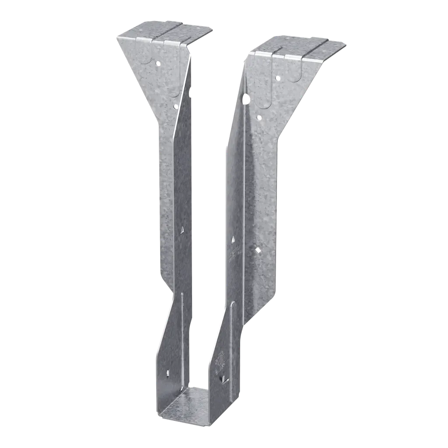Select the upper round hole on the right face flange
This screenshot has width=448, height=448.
coord(277,78)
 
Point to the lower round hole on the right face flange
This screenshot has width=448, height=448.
coord(259,117)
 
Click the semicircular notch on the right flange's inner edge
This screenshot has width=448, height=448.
coord(246,99)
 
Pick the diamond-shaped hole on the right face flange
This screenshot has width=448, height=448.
coord(258,249)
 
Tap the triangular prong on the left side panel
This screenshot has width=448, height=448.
coord(182,229)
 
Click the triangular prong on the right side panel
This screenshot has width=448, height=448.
coord(234,240)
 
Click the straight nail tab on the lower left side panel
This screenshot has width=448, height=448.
coord(168,373)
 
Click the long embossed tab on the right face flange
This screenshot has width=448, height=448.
coord(264,83)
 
